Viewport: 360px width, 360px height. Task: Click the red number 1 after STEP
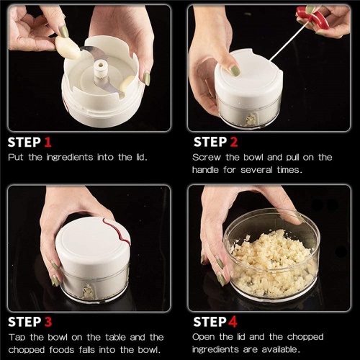(x=48, y=142)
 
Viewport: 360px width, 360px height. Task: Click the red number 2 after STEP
(x=234, y=142)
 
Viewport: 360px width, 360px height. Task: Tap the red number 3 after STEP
(x=48, y=322)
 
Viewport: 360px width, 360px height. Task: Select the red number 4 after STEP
(x=233, y=322)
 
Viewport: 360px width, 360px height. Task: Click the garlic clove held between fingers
(x=68, y=48)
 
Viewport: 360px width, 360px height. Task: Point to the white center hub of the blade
(x=100, y=69)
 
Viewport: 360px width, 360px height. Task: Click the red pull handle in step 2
(x=312, y=18)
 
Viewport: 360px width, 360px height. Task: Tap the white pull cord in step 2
(x=288, y=42)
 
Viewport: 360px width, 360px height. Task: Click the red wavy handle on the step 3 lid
(x=117, y=232)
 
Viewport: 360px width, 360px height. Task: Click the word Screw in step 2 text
(x=207, y=158)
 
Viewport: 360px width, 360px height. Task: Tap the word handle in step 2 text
(x=205, y=170)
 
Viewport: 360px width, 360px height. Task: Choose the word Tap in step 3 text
(x=17, y=338)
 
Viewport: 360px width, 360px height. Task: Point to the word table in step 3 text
(x=116, y=338)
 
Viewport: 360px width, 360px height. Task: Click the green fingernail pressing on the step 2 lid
(x=235, y=71)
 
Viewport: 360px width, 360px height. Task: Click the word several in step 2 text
(x=256, y=170)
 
